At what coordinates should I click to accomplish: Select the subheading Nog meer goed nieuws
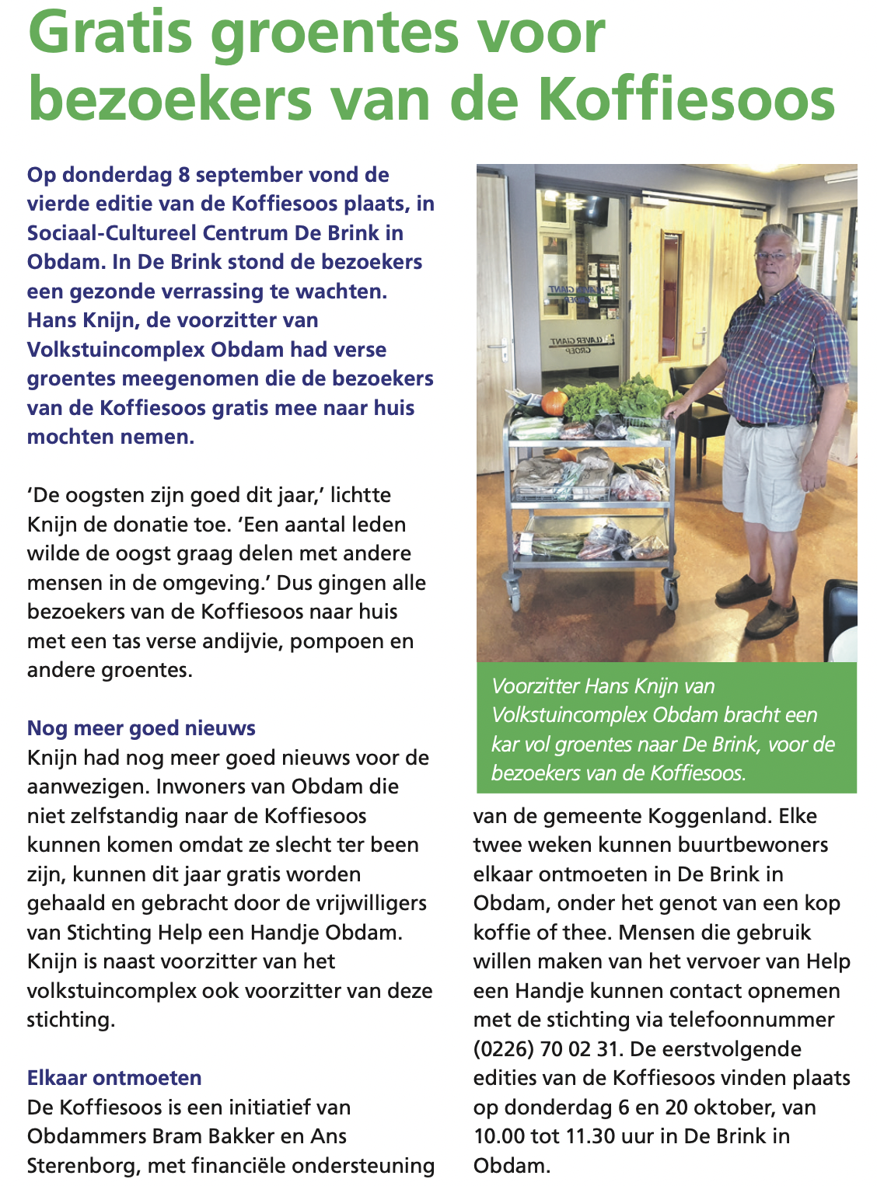pos(141,728)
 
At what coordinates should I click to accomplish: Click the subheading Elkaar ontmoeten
pos(114,1078)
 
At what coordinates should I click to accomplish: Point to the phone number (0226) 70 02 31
pos(544,1049)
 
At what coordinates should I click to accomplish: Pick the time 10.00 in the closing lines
pos(499,1136)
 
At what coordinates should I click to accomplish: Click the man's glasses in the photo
pos(774,256)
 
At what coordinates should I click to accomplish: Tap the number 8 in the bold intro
pos(183,175)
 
